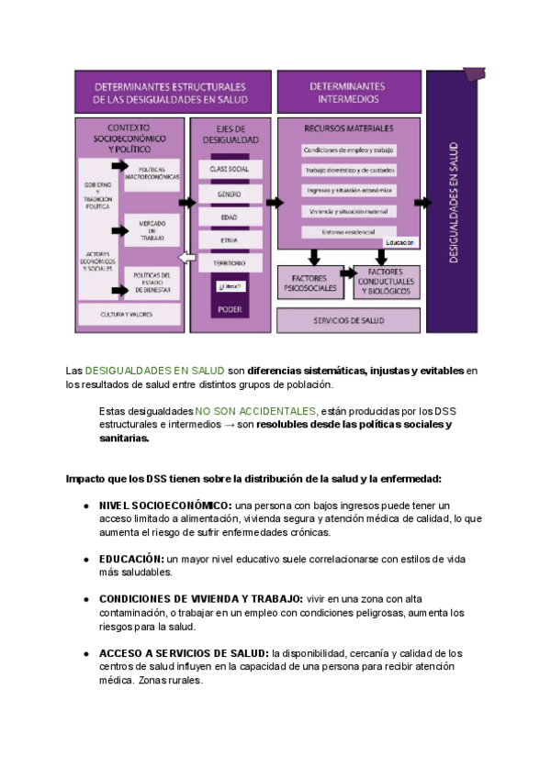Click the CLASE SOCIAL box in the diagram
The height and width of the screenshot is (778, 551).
point(230,170)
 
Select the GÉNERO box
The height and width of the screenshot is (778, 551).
point(230,194)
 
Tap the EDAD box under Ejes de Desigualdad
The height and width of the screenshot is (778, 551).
point(230,217)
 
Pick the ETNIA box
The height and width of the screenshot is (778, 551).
point(230,240)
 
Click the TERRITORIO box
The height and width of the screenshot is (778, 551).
point(230,263)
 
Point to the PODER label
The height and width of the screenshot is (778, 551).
point(230,309)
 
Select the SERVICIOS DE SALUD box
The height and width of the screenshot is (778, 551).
point(348,320)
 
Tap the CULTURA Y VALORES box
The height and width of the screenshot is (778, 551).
point(128,314)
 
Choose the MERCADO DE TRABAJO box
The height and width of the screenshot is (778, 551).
point(152,230)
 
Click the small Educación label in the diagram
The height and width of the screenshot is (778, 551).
point(399,243)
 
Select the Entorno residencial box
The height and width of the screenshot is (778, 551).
point(348,233)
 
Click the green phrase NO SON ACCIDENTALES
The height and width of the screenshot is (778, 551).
point(255,411)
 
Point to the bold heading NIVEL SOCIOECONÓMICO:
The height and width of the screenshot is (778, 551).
point(165,506)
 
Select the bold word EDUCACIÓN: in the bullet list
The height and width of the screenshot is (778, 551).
point(131,558)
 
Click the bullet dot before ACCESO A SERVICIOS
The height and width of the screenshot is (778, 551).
point(86,653)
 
